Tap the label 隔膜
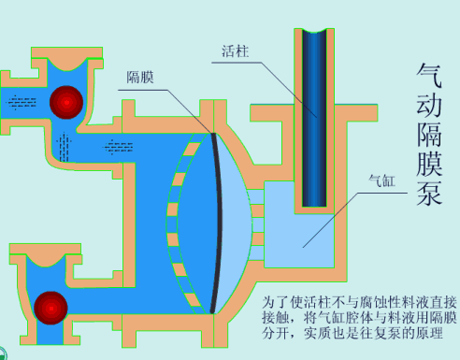click(140, 78)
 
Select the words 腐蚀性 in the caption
click(372, 302)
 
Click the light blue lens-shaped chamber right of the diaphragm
click(238, 220)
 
